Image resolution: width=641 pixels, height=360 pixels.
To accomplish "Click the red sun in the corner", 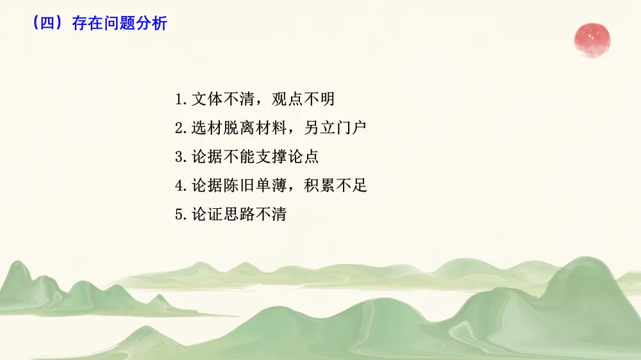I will click(x=592, y=38).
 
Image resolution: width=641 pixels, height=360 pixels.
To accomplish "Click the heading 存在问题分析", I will click(x=119, y=24).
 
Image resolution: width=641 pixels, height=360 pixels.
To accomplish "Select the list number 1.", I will click(x=179, y=100).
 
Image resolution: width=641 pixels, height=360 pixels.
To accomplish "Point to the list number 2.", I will click(x=179, y=129).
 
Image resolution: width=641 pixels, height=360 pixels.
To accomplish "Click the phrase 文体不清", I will click(x=222, y=100).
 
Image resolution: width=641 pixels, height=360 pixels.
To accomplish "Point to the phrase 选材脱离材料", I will click(x=238, y=129).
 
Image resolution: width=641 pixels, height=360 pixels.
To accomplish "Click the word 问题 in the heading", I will click(x=119, y=24).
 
